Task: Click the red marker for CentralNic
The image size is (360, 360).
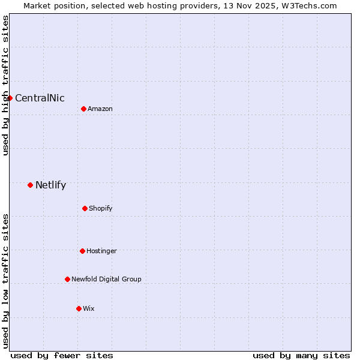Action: (x=10, y=98)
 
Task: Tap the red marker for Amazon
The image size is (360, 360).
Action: (x=83, y=109)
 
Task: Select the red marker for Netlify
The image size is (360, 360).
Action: (x=30, y=185)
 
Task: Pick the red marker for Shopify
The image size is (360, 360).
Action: (x=85, y=208)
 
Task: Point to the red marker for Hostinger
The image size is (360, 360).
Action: (x=82, y=251)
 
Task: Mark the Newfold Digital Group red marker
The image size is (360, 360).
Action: (x=67, y=279)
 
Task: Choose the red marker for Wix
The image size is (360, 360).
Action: (x=79, y=308)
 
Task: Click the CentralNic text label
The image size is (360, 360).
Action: (x=40, y=98)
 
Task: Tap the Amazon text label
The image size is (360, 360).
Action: (x=100, y=109)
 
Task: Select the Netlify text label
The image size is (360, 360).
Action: (x=50, y=185)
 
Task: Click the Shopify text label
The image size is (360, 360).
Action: (x=101, y=209)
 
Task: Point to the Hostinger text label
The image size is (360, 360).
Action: (x=101, y=251)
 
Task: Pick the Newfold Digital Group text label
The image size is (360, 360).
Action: (x=106, y=280)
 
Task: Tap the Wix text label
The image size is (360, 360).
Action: (x=89, y=309)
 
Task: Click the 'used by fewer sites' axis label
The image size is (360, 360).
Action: (x=62, y=355)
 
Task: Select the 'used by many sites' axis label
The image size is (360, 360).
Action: (x=301, y=355)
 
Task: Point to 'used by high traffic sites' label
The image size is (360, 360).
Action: (x=5, y=85)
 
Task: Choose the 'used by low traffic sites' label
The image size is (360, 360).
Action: (x=5, y=281)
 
